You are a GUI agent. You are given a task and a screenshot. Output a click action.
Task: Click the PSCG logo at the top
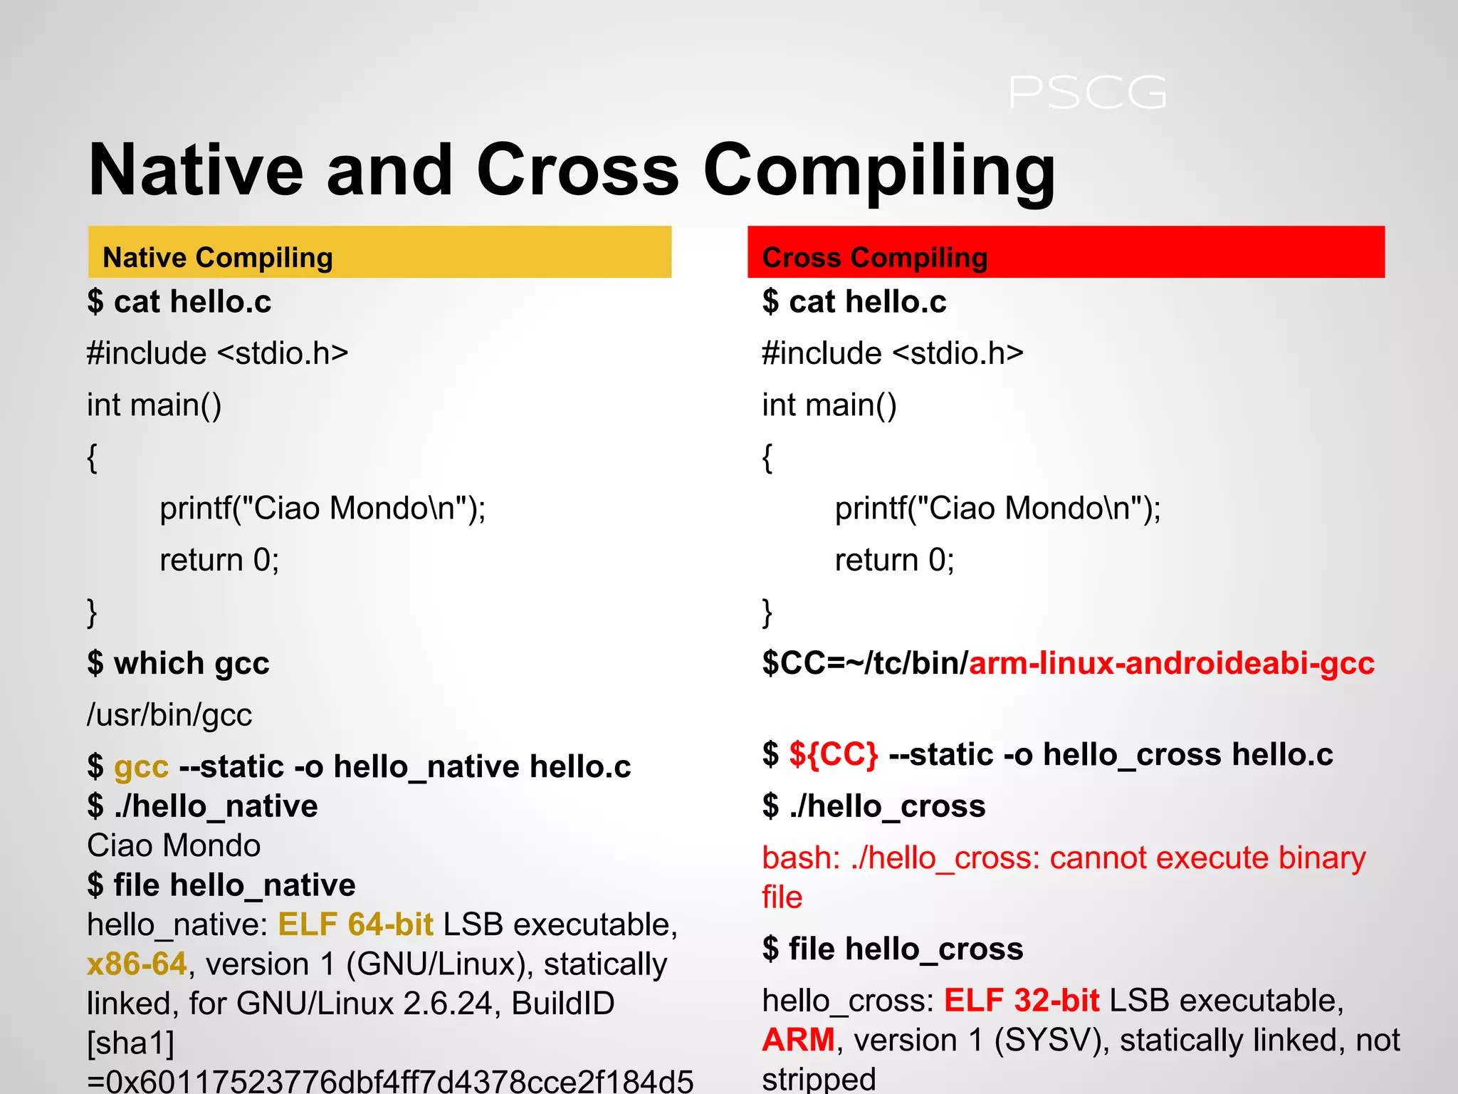(1087, 93)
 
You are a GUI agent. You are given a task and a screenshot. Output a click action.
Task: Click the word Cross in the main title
(577, 171)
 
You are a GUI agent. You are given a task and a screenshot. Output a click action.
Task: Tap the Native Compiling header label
(217, 257)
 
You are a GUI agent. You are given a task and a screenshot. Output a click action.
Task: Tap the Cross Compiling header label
(874, 257)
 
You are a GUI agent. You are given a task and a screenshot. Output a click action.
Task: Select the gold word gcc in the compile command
(141, 767)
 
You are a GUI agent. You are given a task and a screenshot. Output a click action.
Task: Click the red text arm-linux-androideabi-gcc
(1171, 663)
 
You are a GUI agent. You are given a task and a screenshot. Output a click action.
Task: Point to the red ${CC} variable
(833, 754)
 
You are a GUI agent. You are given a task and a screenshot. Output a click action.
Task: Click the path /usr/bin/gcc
(169, 715)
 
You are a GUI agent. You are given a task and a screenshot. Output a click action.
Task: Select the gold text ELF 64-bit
(355, 924)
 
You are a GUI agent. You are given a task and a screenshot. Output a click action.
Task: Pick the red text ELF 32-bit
(1022, 1001)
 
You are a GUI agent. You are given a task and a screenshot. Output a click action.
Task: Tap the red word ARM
(798, 1040)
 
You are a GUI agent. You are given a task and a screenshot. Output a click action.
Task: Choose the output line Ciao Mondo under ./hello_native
(174, 846)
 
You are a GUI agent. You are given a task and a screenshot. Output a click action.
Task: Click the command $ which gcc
(178, 663)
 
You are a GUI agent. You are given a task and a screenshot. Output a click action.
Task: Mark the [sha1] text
(130, 1043)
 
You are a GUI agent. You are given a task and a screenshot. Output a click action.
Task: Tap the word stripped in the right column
(819, 1078)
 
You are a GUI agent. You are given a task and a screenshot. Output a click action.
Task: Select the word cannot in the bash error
(1097, 858)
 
